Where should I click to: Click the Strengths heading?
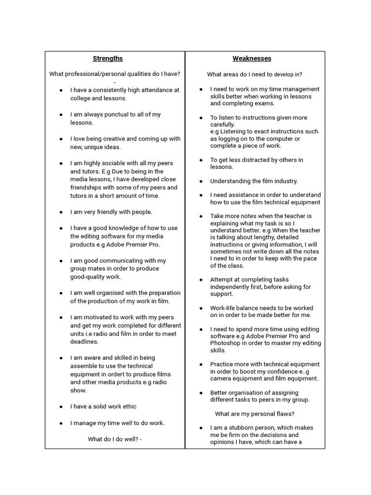(108, 58)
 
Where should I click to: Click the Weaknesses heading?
(252, 58)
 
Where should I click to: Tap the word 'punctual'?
(119, 115)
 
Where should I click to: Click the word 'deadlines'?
(85, 342)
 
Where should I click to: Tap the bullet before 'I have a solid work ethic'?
(61, 407)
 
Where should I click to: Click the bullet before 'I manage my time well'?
(61, 423)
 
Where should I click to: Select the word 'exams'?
(263, 103)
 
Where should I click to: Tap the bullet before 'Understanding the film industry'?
(201, 181)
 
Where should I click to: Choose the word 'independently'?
(230, 287)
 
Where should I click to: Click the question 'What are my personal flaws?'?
(255, 414)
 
